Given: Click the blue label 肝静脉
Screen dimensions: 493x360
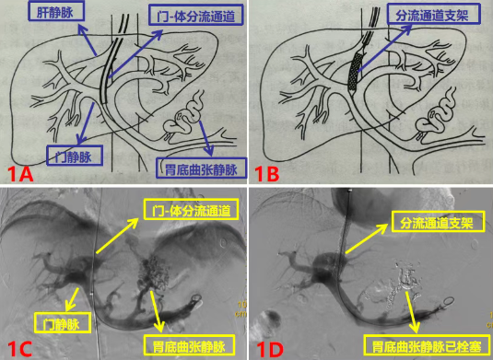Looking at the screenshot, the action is click(56, 12).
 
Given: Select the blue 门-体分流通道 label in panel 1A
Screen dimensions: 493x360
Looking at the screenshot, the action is click(196, 15).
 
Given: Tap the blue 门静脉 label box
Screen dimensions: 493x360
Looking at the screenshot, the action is click(75, 156).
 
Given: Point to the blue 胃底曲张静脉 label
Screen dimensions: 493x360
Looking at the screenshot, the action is click(201, 168).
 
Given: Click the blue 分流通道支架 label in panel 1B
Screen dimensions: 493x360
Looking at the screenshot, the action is click(433, 14).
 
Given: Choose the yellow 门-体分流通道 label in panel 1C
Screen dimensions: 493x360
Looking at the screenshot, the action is click(191, 209).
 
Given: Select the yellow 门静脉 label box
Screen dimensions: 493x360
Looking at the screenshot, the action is click(63, 322).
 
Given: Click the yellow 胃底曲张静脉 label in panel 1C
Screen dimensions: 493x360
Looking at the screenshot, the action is click(189, 345).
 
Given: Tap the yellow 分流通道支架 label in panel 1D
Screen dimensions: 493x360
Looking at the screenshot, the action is click(438, 222).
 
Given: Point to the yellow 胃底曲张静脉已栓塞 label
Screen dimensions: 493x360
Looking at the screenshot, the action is click(427, 345).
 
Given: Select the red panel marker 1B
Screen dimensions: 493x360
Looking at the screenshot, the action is click(266, 174).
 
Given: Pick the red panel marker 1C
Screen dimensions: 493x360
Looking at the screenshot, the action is click(19, 348).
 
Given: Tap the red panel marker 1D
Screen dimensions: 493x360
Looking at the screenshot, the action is click(269, 348).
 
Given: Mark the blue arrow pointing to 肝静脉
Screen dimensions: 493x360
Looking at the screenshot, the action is click(88, 41).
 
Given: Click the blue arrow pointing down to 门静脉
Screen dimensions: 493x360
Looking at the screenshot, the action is click(86, 122).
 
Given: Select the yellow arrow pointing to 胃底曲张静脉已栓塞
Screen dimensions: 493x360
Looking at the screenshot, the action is click(413, 312).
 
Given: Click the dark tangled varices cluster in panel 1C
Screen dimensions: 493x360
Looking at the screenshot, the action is click(154, 271).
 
